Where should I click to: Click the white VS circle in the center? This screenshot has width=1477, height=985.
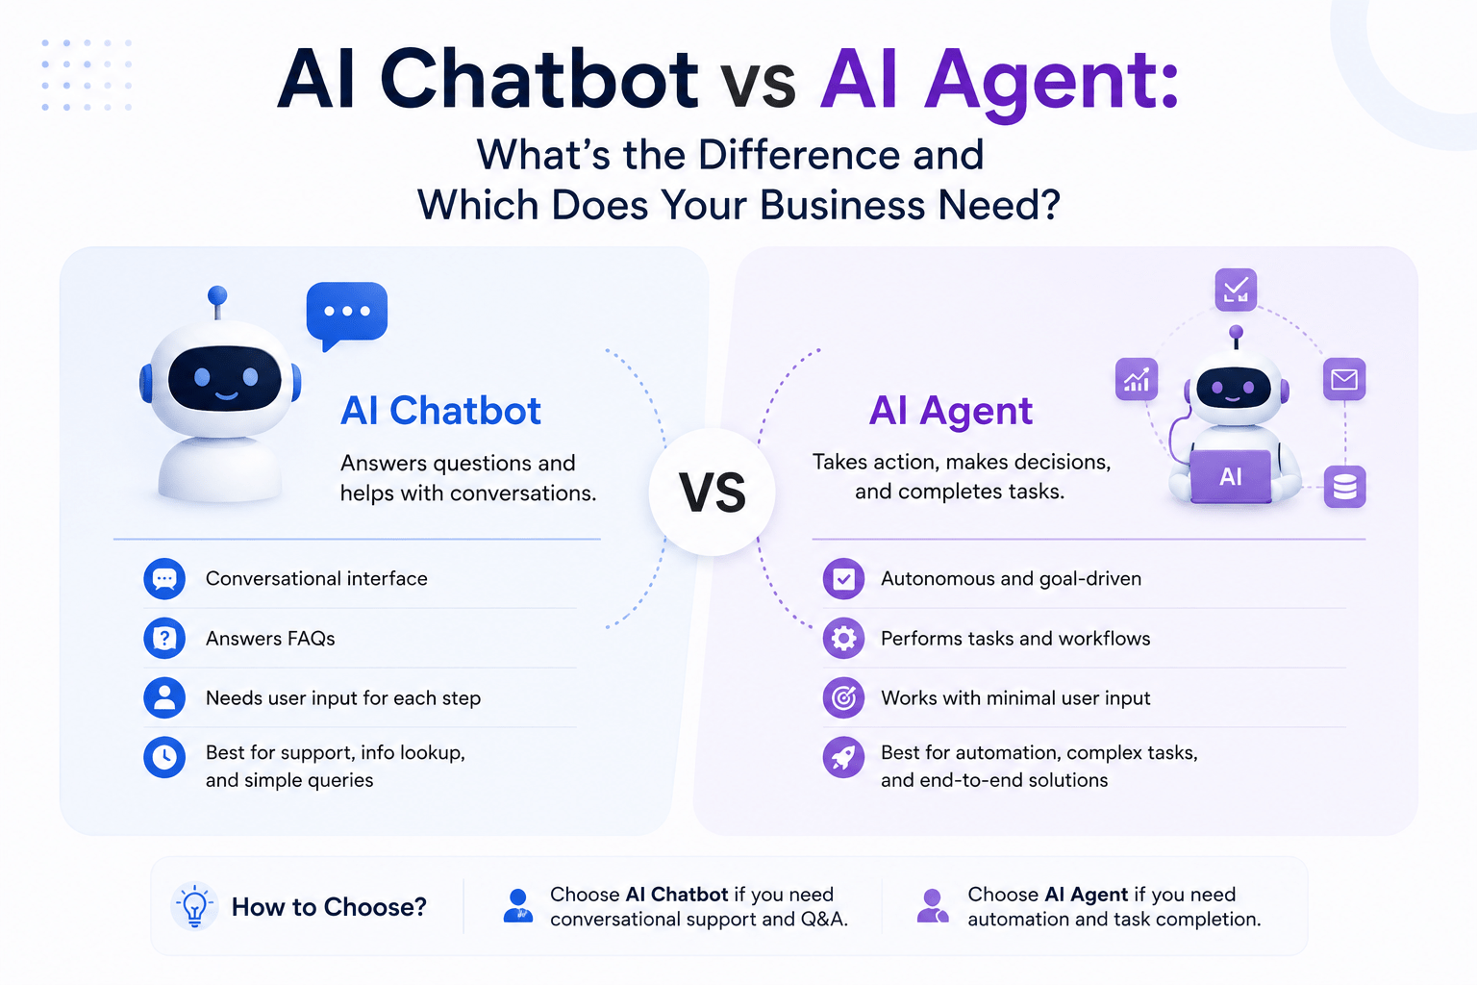pyautogui.click(x=713, y=492)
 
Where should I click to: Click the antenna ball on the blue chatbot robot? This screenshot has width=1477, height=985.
pyautogui.click(x=217, y=295)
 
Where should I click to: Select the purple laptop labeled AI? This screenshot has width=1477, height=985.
pyautogui.click(x=1231, y=476)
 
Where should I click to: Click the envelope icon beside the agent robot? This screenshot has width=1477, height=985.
pyautogui.click(x=1343, y=379)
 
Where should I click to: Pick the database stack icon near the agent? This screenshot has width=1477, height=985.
pyautogui.click(x=1344, y=487)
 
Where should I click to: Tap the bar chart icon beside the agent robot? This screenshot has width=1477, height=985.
pyautogui.click(x=1136, y=379)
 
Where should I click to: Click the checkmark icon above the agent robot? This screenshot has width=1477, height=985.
pyautogui.click(x=1236, y=289)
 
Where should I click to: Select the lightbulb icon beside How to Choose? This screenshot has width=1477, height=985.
pyautogui.click(x=194, y=906)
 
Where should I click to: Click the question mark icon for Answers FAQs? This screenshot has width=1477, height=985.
pyautogui.click(x=164, y=638)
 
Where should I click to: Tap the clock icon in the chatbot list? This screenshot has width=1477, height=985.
pyautogui.click(x=164, y=757)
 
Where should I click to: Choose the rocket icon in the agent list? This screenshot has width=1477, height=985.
pyautogui.click(x=843, y=757)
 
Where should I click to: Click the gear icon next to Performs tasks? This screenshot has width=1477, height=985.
pyautogui.click(x=843, y=638)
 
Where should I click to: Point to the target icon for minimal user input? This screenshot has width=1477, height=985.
pyautogui.click(x=843, y=697)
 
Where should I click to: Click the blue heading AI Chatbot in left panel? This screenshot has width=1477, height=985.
pyautogui.click(x=440, y=411)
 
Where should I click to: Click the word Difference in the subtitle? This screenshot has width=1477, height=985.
pyautogui.click(x=798, y=154)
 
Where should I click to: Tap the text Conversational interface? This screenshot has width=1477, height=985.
pyautogui.click(x=316, y=579)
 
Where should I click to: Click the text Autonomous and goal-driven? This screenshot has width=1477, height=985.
pyautogui.click(x=1011, y=579)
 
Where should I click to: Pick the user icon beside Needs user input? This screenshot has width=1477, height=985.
pyautogui.click(x=164, y=697)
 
